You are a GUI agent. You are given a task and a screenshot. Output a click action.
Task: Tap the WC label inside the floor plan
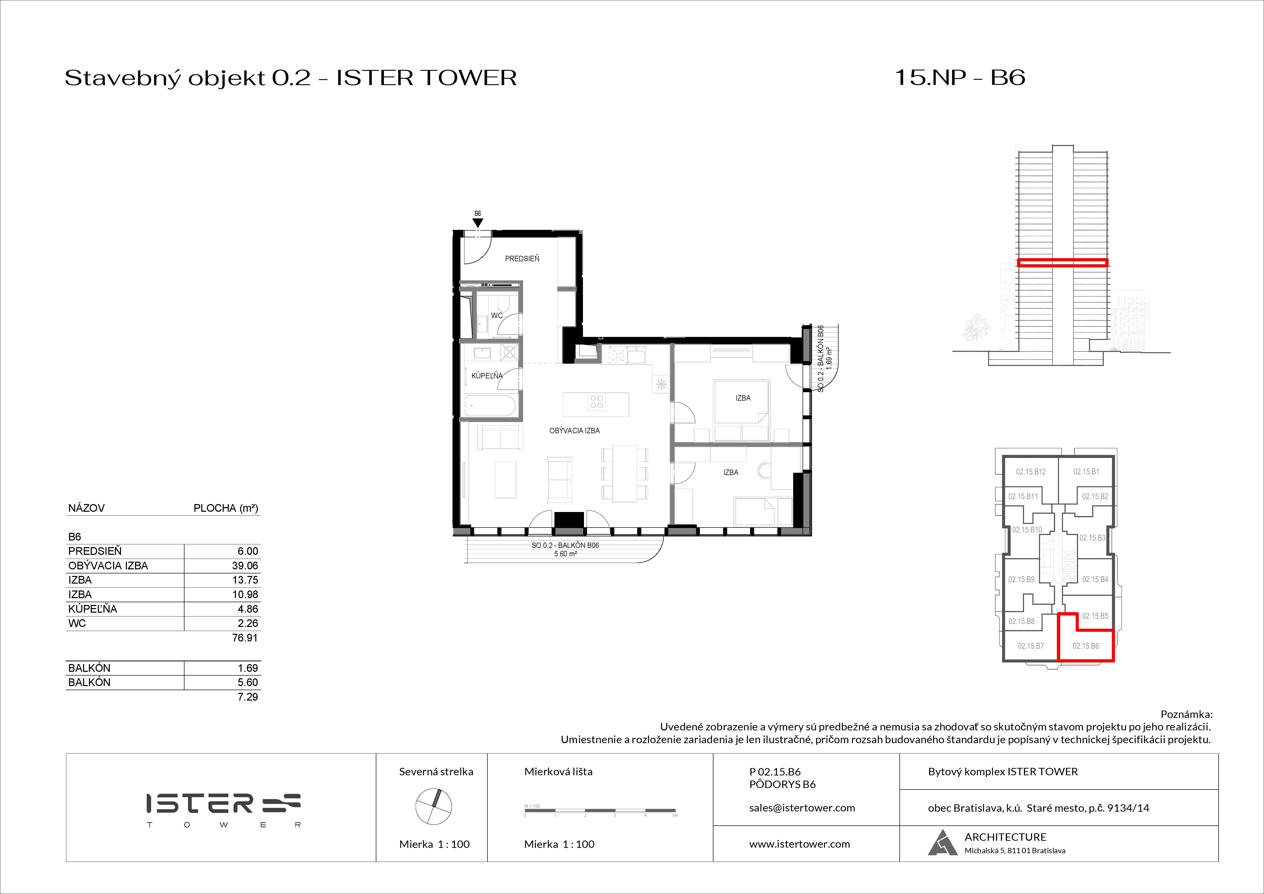(x=497, y=315)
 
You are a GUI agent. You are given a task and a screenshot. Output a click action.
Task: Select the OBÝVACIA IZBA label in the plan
(x=574, y=430)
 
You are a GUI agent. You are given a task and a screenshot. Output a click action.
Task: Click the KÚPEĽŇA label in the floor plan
(x=487, y=376)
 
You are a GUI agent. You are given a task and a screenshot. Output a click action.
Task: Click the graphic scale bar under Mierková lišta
(x=600, y=810)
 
